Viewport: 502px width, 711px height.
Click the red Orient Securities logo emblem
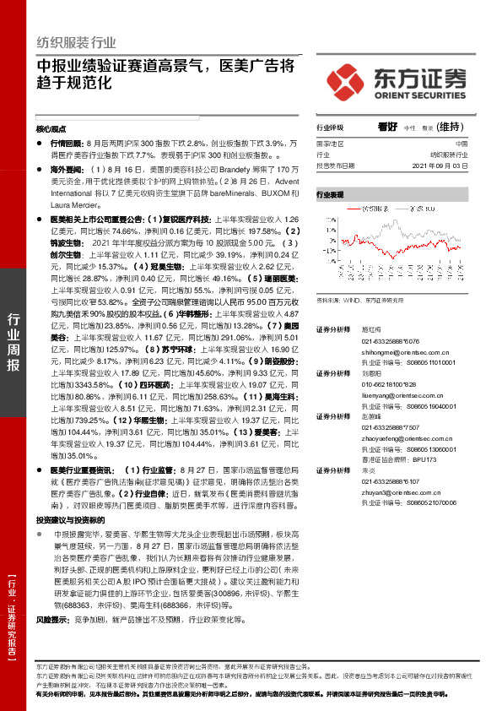click(x=347, y=80)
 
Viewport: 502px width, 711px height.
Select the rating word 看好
click(x=387, y=128)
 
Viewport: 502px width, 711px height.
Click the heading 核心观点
click(x=51, y=129)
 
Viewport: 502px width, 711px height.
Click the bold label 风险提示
click(x=52, y=619)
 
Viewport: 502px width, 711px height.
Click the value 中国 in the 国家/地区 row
click(x=472, y=144)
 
